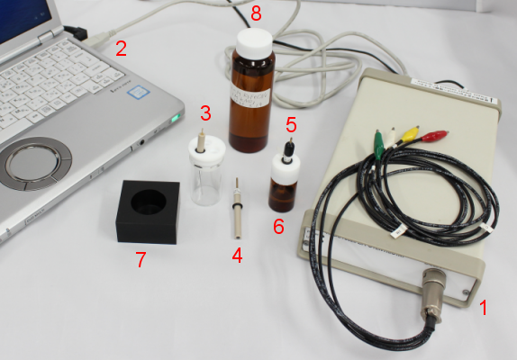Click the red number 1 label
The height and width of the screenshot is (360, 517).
[x=482, y=308]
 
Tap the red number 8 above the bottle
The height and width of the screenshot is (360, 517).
[x=256, y=13]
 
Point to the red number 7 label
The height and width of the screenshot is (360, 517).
[x=140, y=261]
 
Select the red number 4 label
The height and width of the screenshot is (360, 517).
[x=237, y=255]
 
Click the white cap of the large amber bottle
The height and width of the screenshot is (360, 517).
[x=255, y=40]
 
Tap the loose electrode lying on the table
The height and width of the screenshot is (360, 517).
[x=239, y=212]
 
